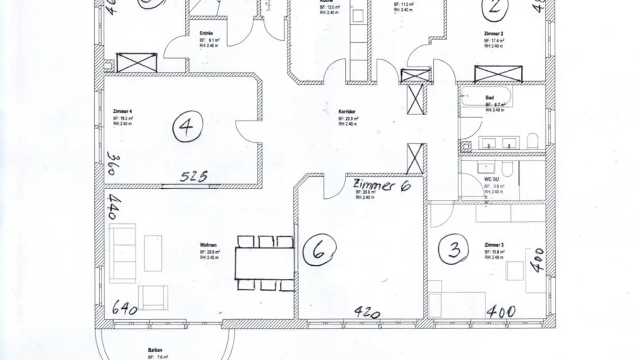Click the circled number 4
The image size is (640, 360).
pos(188,127)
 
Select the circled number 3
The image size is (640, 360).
pos(454,250)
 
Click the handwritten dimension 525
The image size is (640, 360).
pos(194,176)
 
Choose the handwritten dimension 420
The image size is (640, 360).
pos(367,312)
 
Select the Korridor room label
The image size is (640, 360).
pos(347,112)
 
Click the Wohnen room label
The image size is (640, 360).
pos(208,245)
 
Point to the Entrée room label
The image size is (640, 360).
pos(206,33)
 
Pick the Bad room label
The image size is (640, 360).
pos(489,97)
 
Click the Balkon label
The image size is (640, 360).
pos(155,350)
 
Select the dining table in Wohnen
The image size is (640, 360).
pos(265,263)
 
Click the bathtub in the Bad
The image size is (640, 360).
pos(486,96)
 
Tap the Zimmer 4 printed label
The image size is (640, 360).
pos(122,111)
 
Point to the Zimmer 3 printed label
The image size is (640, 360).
pos(494,245)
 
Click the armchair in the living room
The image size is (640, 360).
pos(153,297)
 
